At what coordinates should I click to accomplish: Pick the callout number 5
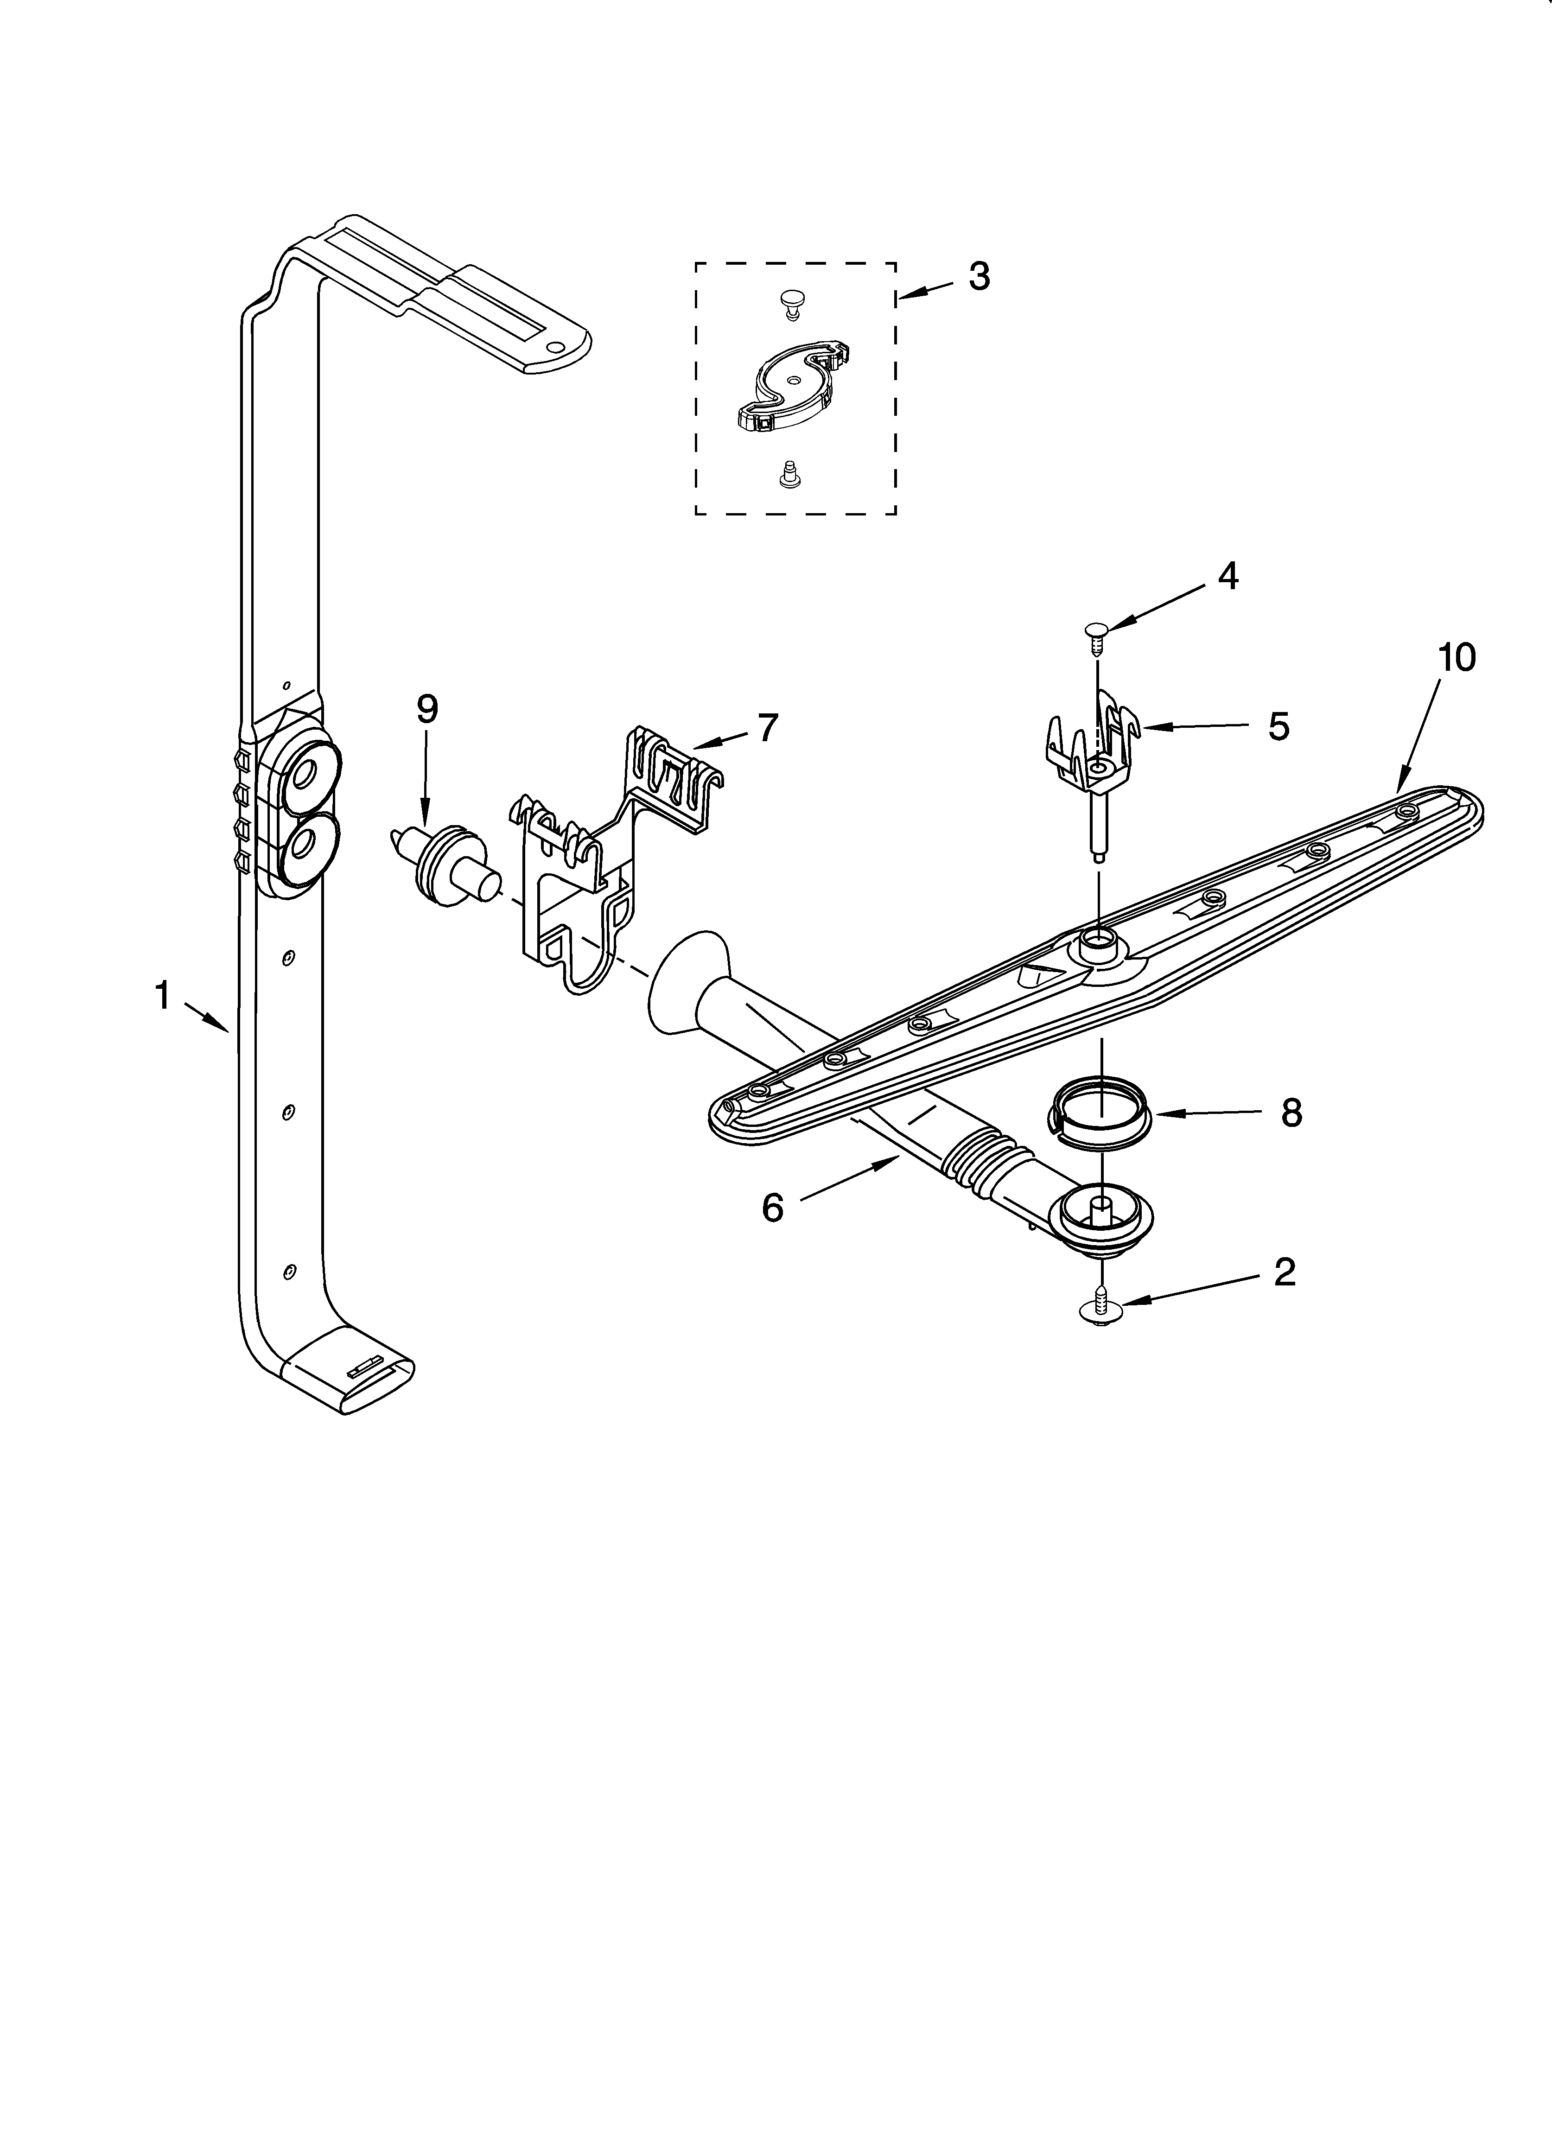[x=1278, y=726]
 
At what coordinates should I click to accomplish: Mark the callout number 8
[x=1291, y=1113]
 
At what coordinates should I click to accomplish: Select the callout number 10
[x=1457, y=657]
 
